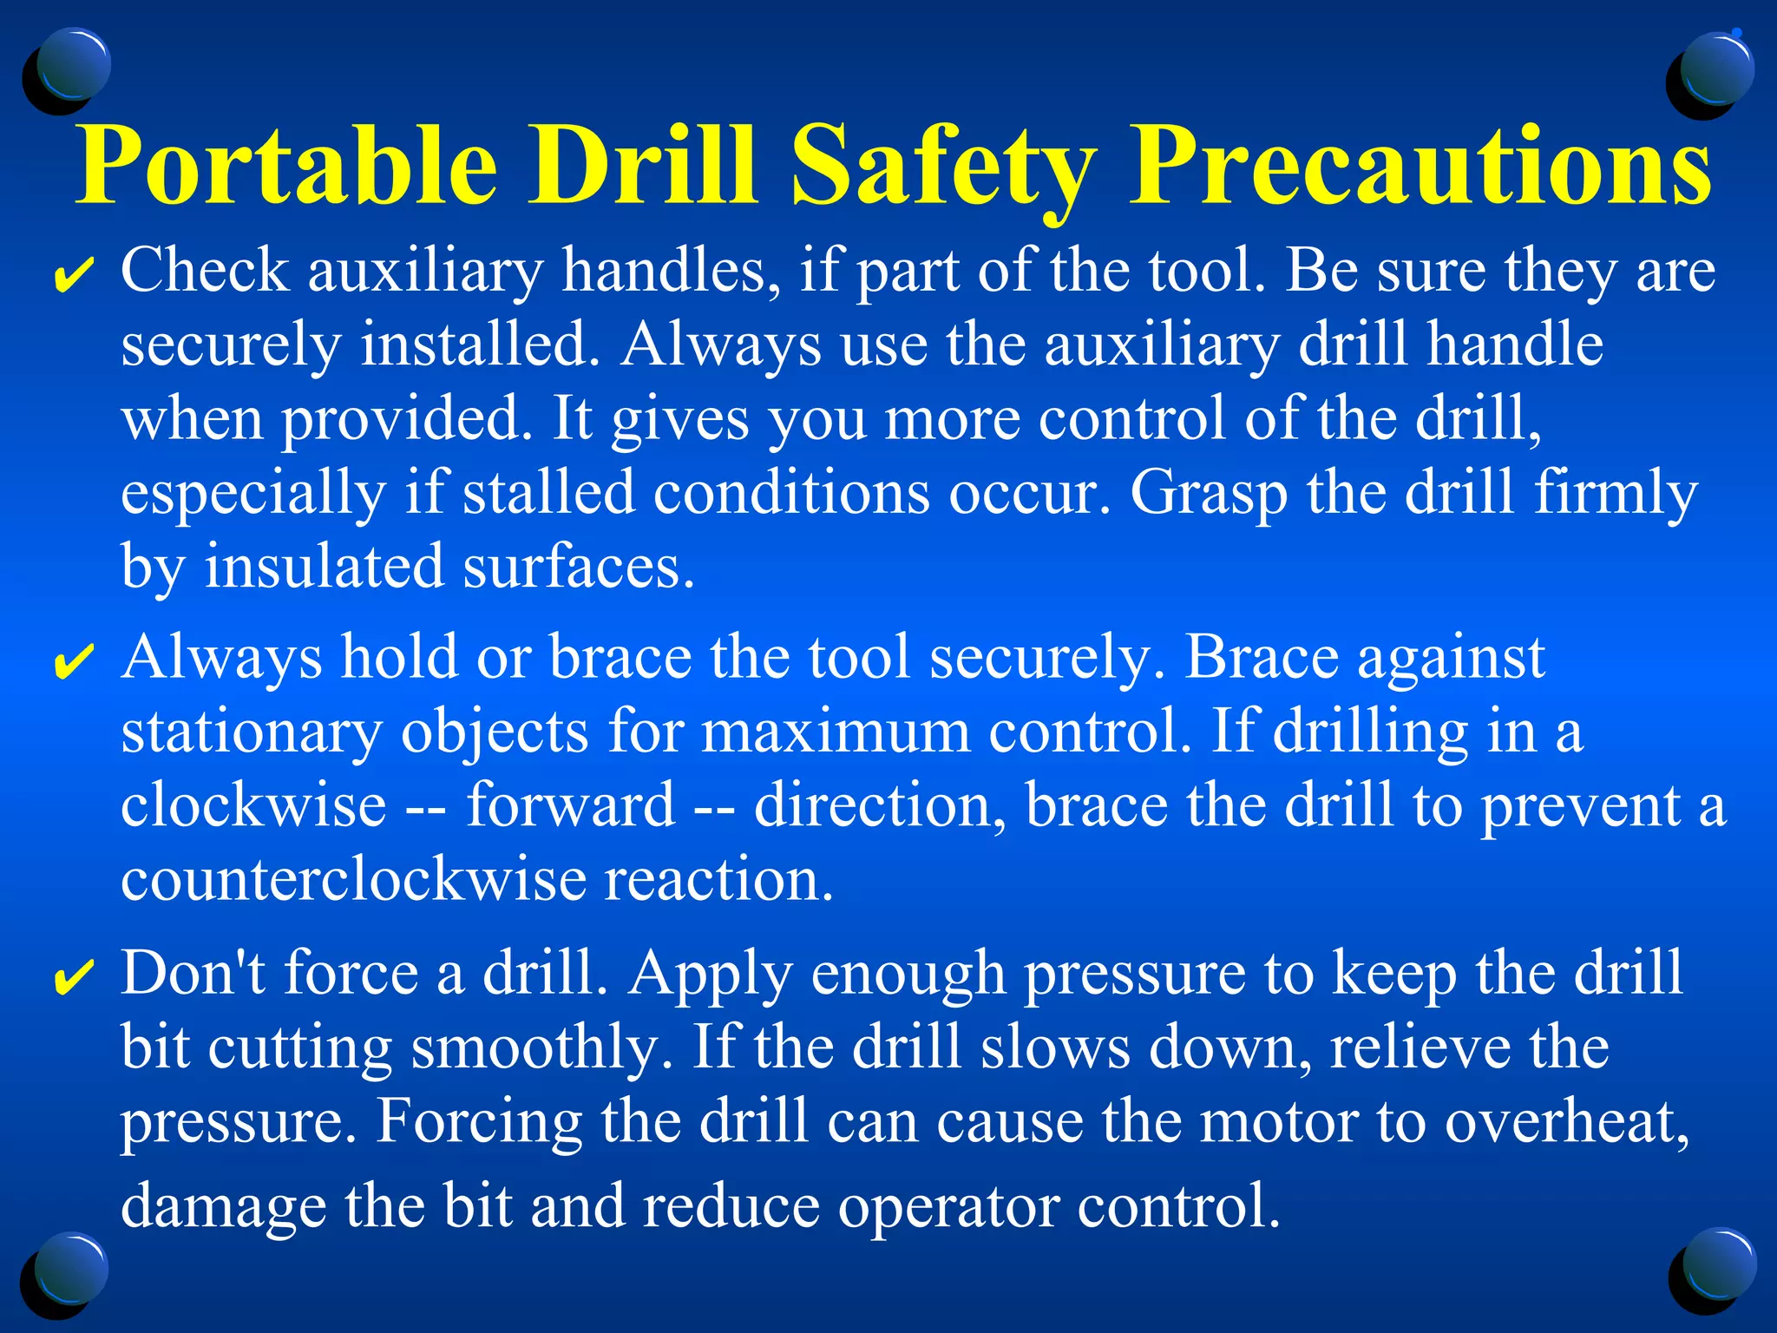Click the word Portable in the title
pyautogui.click(x=287, y=165)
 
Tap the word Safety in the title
pyautogui.click(x=942, y=165)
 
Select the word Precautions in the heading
pyautogui.click(x=1420, y=165)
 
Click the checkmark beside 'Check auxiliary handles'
pyautogui.click(x=73, y=276)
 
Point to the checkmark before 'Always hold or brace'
pyautogui.click(x=73, y=663)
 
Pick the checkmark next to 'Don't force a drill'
pyautogui.click(x=73, y=978)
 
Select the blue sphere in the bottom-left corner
pyautogui.click(x=67, y=1272)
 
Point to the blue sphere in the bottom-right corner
pyautogui.click(x=1713, y=1269)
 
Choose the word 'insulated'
pyautogui.click(x=324, y=567)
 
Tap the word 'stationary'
pyautogui.click(x=252, y=731)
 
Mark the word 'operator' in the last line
pyautogui.click(x=948, y=1206)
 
